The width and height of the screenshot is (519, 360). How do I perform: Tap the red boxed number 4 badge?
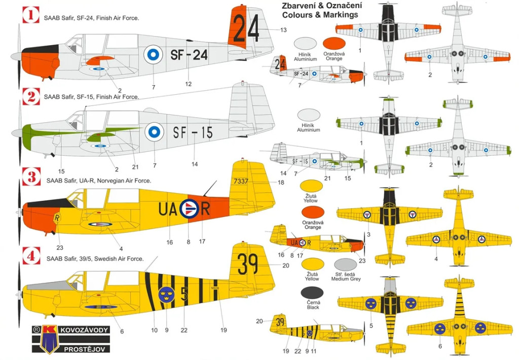[31, 257]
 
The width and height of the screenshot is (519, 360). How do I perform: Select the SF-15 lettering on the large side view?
[193, 133]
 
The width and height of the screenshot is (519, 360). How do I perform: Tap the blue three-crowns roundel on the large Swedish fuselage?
[166, 294]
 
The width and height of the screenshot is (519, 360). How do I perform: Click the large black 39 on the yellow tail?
[248, 264]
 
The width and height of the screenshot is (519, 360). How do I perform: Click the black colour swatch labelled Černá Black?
[312, 293]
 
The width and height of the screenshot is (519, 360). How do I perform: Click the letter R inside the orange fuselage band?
[205, 208]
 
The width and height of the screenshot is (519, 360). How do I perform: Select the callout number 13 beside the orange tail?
[283, 30]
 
